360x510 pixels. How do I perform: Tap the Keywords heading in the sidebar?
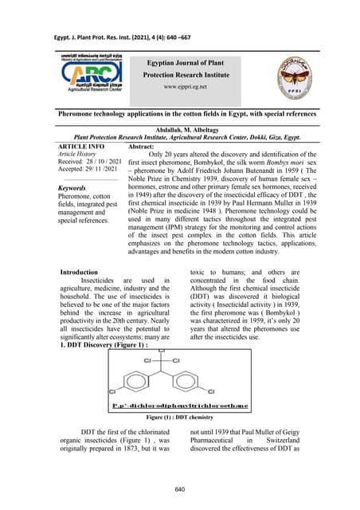click(77, 189)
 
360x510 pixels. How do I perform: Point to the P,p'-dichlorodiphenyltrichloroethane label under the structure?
click(182, 405)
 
